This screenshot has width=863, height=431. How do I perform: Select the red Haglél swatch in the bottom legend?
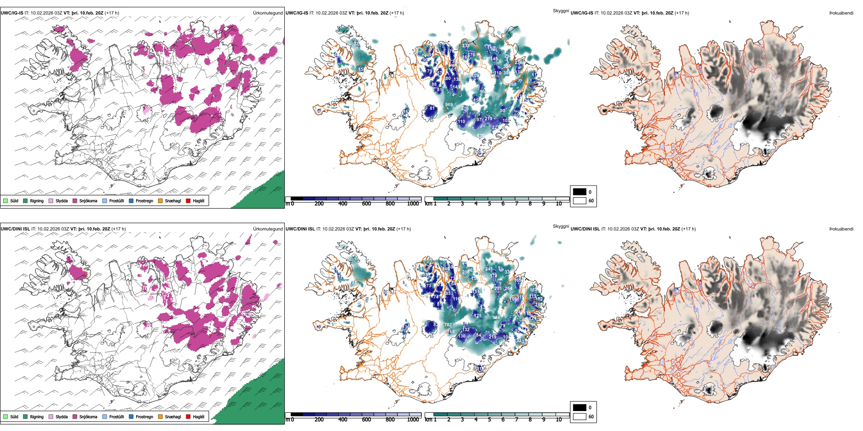[188, 416]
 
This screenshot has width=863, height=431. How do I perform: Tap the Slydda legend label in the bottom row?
[61, 416]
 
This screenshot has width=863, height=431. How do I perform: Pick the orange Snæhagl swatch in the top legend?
[160, 201]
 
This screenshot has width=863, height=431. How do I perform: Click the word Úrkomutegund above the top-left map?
[268, 13]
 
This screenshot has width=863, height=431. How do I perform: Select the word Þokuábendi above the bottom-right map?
[841, 229]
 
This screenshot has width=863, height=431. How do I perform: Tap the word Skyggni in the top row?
[560, 10]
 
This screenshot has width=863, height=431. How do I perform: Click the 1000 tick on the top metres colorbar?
[413, 204]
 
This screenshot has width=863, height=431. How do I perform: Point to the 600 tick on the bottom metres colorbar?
[367, 420]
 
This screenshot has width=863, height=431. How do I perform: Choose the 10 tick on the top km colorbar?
[559, 204]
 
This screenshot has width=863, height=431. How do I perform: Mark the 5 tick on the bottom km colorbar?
[490, 420]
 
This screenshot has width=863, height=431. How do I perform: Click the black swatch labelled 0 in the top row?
[580, 192]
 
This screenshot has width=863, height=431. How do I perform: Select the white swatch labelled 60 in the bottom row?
[580, 416]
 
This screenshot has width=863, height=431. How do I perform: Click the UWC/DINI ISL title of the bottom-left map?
[15, 229]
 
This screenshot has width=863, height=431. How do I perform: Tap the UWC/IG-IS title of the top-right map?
[582, 13]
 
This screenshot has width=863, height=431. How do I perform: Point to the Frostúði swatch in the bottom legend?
[105, 416]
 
